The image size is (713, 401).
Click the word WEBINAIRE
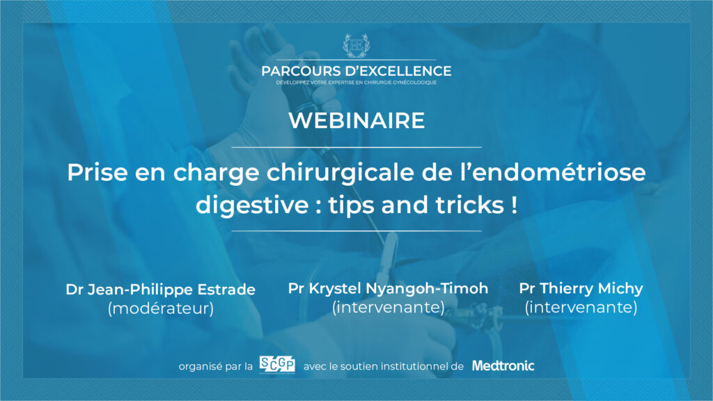tap(356, 120)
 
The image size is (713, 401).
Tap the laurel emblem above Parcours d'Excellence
tap(356, 45)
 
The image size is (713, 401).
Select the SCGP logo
tap(277, 365)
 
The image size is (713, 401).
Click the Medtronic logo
tap(503, 365)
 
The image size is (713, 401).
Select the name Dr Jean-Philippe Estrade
tap(161, 290)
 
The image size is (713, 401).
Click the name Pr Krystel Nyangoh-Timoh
tap(388, 288)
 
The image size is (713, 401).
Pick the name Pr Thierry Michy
tap(581, 288)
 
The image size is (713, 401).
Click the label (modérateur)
tap(161, 308)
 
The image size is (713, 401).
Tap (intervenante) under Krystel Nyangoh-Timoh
tap(389, 307)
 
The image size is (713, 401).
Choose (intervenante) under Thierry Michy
tap(581, 307)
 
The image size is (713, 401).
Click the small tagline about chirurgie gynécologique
tap(356, 83)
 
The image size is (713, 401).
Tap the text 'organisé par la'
tap(216, 366)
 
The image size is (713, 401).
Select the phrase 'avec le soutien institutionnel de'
tap(384, 366)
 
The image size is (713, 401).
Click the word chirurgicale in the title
tap(340, 173)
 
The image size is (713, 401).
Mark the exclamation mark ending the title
tap(514, 205)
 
